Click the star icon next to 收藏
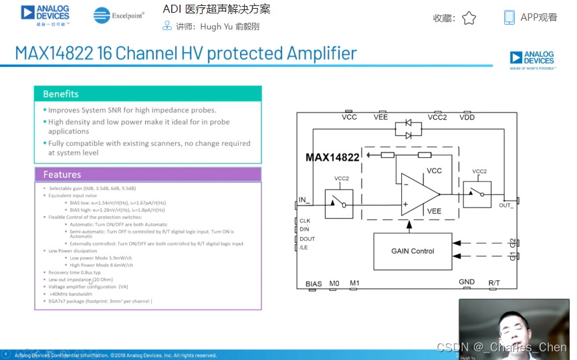click(x=469, y=18)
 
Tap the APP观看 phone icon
click(x=509, y=17)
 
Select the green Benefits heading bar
click(x=148, y=94)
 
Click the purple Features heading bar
click(x=148, y=175)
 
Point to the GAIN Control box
click(x=413, y=251)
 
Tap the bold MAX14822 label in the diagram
click(x=332, y=157)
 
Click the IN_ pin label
click(x=305, y=199)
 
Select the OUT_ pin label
click(x=506, y=205)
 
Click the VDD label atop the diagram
click(x=467, y=117)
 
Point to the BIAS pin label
click(x=314, y=284)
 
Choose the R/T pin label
click(x=494, y=283)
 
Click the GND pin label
click(x=467, y=282)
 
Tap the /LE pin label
click(x=304, y=248)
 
